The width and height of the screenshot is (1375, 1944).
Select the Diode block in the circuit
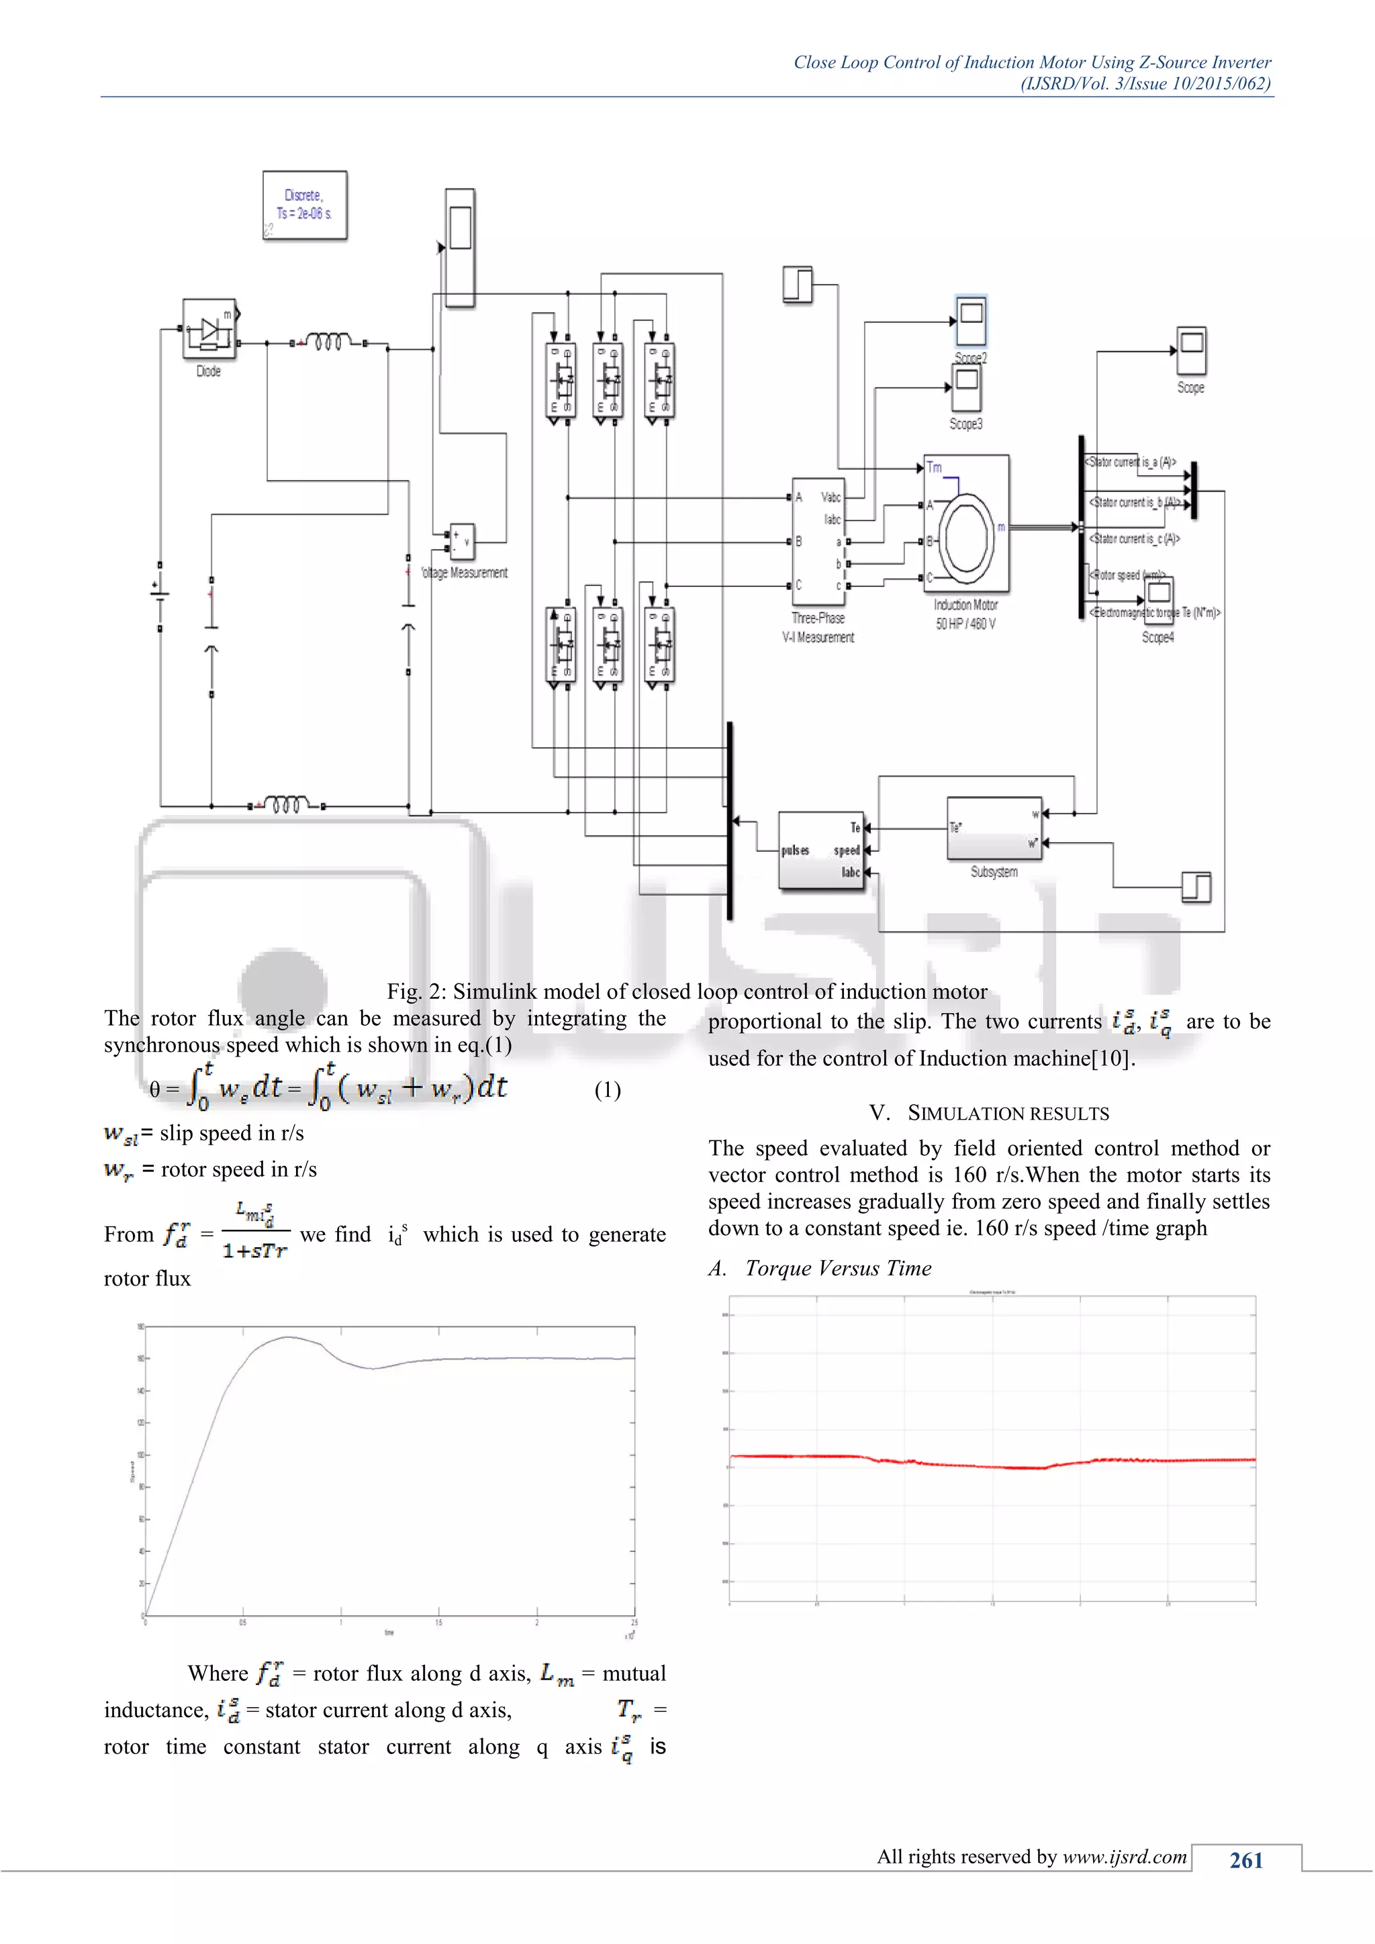coord(209,330)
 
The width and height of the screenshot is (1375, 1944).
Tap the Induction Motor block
coord(966,523)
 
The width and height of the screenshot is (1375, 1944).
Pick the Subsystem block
coord(994,829)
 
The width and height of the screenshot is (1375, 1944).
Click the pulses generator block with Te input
coord(820,850)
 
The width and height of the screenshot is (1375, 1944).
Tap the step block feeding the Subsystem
coord(1196,887)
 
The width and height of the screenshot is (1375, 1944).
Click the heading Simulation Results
coord(989,1114)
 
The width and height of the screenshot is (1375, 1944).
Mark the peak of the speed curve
coord(289,1338)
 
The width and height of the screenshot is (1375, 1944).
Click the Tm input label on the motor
coord(934,467)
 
